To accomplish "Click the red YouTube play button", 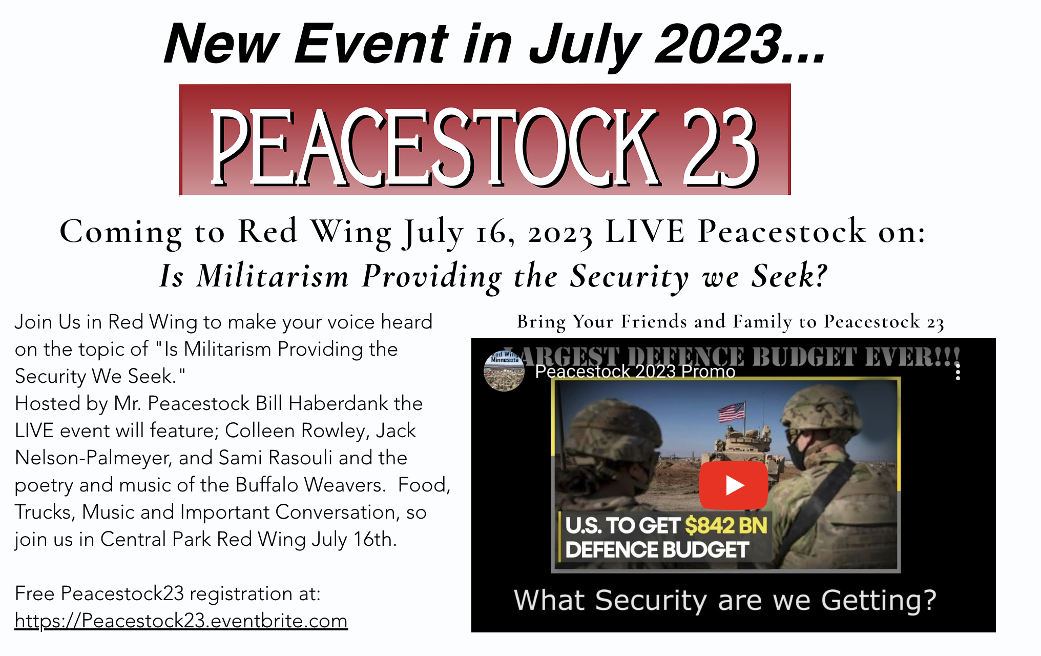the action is (733, 485).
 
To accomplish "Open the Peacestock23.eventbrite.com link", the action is (181, 621).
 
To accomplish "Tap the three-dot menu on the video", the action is (957, 372).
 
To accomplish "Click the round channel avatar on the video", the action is (504, 371).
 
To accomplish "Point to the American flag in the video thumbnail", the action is (732, 412).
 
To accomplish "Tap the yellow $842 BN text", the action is (726, 525).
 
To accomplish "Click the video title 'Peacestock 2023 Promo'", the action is (635, 371).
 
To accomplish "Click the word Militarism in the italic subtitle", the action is (273, 276).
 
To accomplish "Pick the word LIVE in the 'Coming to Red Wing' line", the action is (645, 232).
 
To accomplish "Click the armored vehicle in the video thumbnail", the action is (743, 448).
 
